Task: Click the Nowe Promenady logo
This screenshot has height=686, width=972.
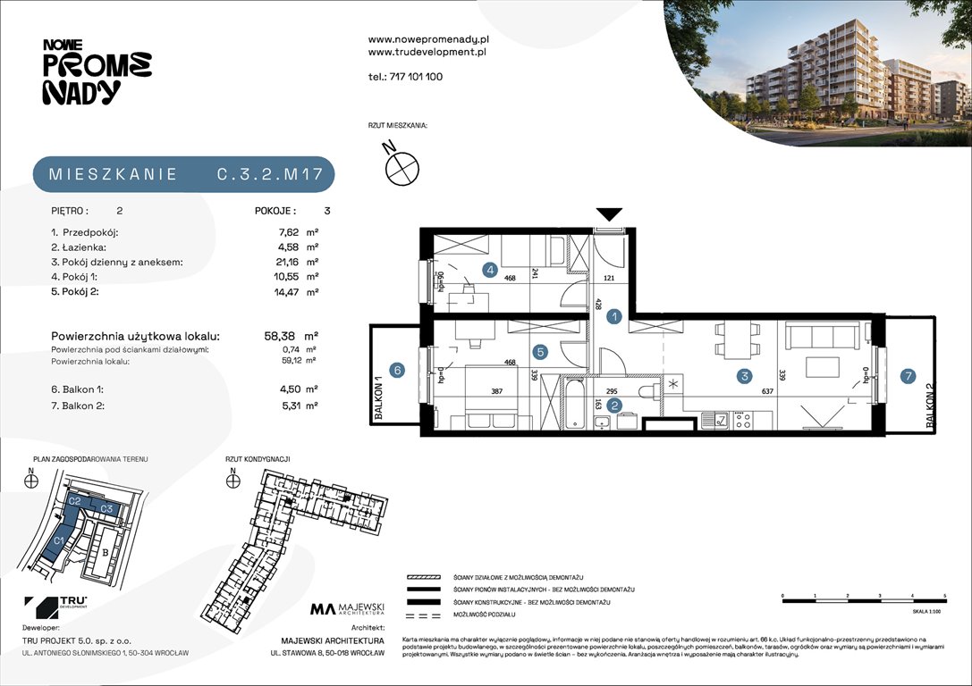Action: click(97, 71)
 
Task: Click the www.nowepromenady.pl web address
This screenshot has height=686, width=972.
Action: click(427, 39)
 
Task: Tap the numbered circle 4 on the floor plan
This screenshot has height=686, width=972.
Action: click(490, 269)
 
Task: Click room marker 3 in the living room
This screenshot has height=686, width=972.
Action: click(744, 377)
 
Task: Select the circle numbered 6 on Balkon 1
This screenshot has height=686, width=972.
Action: click(398, 368)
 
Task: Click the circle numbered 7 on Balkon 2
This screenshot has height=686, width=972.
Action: click(908, 377)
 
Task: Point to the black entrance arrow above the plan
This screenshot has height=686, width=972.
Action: click(609, 214)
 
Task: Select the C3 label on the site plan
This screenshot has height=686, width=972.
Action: click(106, 508)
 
